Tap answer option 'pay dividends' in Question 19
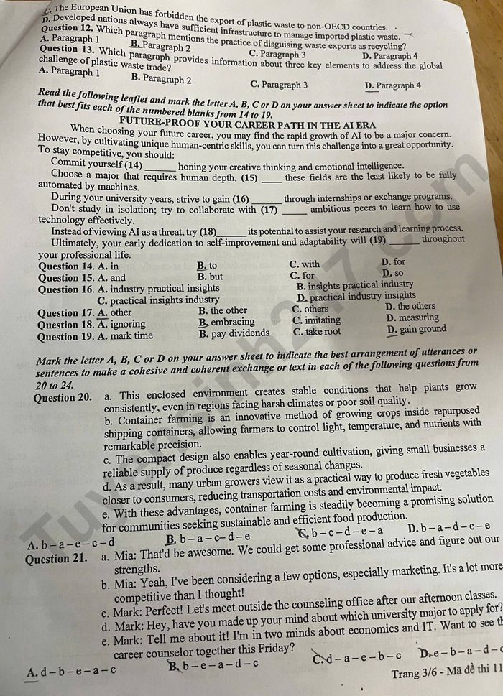click(x=235, y=333)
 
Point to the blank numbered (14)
click(x=160, y=167)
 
